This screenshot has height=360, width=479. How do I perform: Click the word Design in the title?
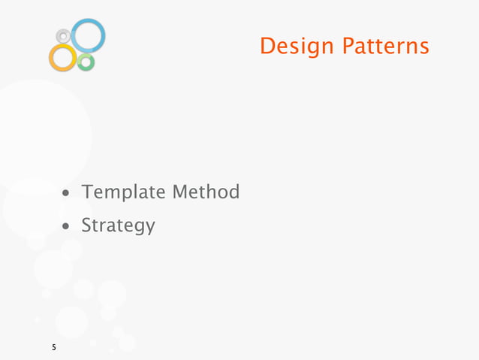click(x=296, y=47)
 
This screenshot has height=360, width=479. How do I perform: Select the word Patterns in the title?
click(x=386, y=47)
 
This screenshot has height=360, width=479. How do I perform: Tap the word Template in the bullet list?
click(x=124, y=192)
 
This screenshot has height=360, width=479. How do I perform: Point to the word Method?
click(x=206, y=192)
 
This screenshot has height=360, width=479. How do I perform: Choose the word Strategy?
click(x=118, y=225)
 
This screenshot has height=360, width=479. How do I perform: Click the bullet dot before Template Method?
click(x=68, y=194)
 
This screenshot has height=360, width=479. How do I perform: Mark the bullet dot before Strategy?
click(x=68, y=225)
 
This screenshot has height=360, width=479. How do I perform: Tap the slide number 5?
click(x=53, y=348)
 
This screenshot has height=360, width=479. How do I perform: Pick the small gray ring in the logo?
click(x=64, y=35)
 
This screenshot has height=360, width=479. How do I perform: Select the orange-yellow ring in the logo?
click(x=62, y=57)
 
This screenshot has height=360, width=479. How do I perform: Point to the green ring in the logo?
click(x=86, y=62)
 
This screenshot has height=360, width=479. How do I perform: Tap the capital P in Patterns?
click(x=348, y=47)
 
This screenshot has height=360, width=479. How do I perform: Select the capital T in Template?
click(x=88, y=192)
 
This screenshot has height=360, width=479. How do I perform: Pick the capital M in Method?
click(x=181, y=192)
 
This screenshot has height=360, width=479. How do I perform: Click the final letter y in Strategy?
click(x=150, y=228)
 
